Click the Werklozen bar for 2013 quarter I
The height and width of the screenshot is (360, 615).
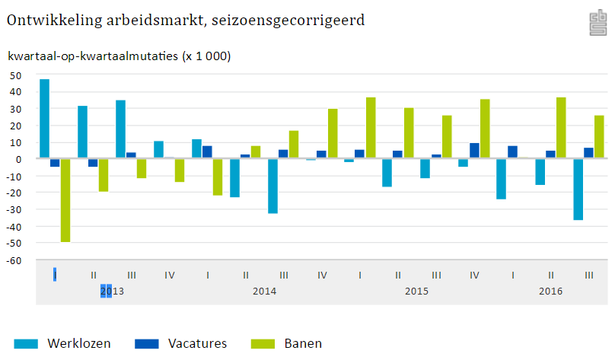[x=45, y=119]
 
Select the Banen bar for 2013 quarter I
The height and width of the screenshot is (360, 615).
[x=65, y=200]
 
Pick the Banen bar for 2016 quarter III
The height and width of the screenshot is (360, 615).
[x=599, y=137]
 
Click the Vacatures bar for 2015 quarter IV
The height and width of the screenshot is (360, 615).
[x=474, y=151]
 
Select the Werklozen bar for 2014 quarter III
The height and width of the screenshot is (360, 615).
[x=273, y=186]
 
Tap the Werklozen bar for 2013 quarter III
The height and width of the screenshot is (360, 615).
[x=121, y=129]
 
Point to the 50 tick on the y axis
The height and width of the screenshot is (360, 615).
[x=14, y=75]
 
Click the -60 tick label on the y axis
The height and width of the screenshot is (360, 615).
[x=13, y=260]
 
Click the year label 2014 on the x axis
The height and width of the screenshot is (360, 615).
[x=264, y=292]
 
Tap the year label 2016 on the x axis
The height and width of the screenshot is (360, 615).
[x=550, y=292]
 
